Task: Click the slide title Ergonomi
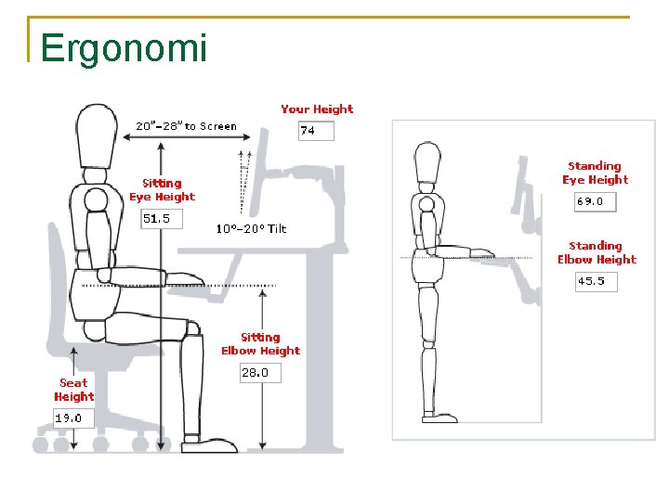[x=124, y=48]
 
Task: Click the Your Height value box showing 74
[x=315, y=131]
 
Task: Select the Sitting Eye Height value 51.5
[x=158, y=219]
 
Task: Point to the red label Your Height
[x=317, y=109]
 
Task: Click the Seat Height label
[x=73, y=390]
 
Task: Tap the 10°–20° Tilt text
[x=251, y=228]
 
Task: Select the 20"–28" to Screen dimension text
[x=186, y=126]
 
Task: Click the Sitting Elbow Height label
[x=260, y=344]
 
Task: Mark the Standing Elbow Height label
[x=597, y=252]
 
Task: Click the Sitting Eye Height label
[x=162, y=190]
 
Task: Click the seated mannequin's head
[x=96, y=135]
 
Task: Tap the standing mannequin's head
[x=426, y=163]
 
